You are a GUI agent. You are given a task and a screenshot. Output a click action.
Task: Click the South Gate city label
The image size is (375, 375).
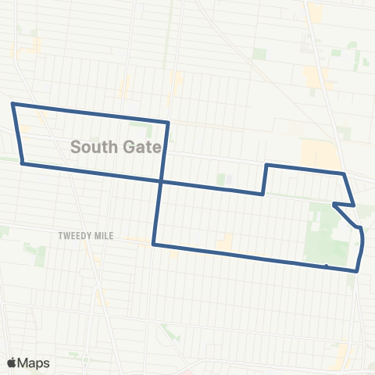coord(116,146)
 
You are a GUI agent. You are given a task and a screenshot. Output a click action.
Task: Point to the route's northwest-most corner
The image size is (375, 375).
coord(12,103)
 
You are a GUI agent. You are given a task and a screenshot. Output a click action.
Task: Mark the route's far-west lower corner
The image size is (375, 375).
coord(23,163)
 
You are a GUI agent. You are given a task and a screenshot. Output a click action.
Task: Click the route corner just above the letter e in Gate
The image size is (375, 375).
coord(168,123)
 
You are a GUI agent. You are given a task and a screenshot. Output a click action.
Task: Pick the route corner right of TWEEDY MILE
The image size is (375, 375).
coord(154,245)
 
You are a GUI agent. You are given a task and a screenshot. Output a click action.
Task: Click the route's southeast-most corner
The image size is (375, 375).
coord(357,271)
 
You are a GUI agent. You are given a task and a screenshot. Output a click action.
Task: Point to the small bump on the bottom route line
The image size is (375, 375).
coord(326,266)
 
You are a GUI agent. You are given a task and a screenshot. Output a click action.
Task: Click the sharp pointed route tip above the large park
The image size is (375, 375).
coord(334,204)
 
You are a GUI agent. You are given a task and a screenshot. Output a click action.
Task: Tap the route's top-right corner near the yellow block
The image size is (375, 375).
coord(344,173)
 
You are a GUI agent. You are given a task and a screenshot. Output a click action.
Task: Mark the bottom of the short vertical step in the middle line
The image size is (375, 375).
coord(262,195)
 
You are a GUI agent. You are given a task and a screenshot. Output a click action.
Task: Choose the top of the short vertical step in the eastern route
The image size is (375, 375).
coord(267,165)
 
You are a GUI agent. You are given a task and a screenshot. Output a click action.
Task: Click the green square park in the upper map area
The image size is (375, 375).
coord(259,55)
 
